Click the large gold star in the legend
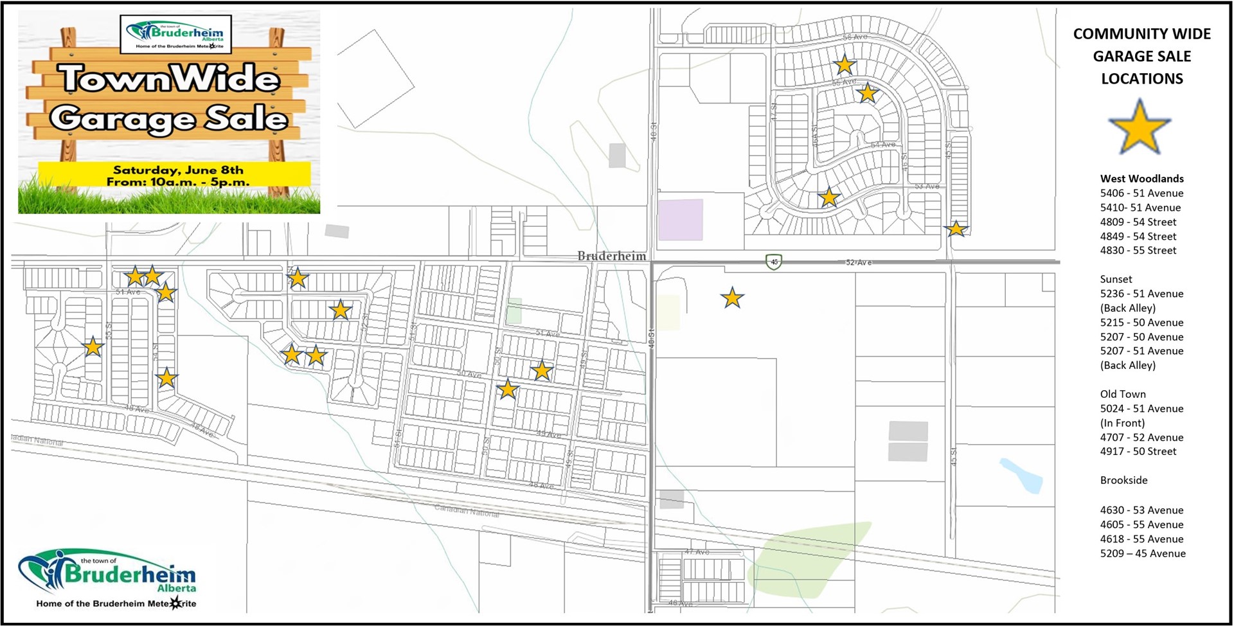1140,127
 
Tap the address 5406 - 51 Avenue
1141,193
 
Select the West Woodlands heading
1141,179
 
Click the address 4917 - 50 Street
1138,451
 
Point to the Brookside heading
1123,480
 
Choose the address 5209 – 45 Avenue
1143,553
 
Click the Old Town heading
1122,394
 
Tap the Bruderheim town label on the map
611,256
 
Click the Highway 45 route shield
774,262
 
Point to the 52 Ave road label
858,262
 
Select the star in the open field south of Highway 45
732,298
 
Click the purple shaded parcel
681,219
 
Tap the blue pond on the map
1022,476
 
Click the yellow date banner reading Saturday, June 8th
174,175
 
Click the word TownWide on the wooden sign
170,79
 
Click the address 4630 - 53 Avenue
1141,510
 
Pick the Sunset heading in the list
1116,279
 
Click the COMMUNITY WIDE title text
1141,33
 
